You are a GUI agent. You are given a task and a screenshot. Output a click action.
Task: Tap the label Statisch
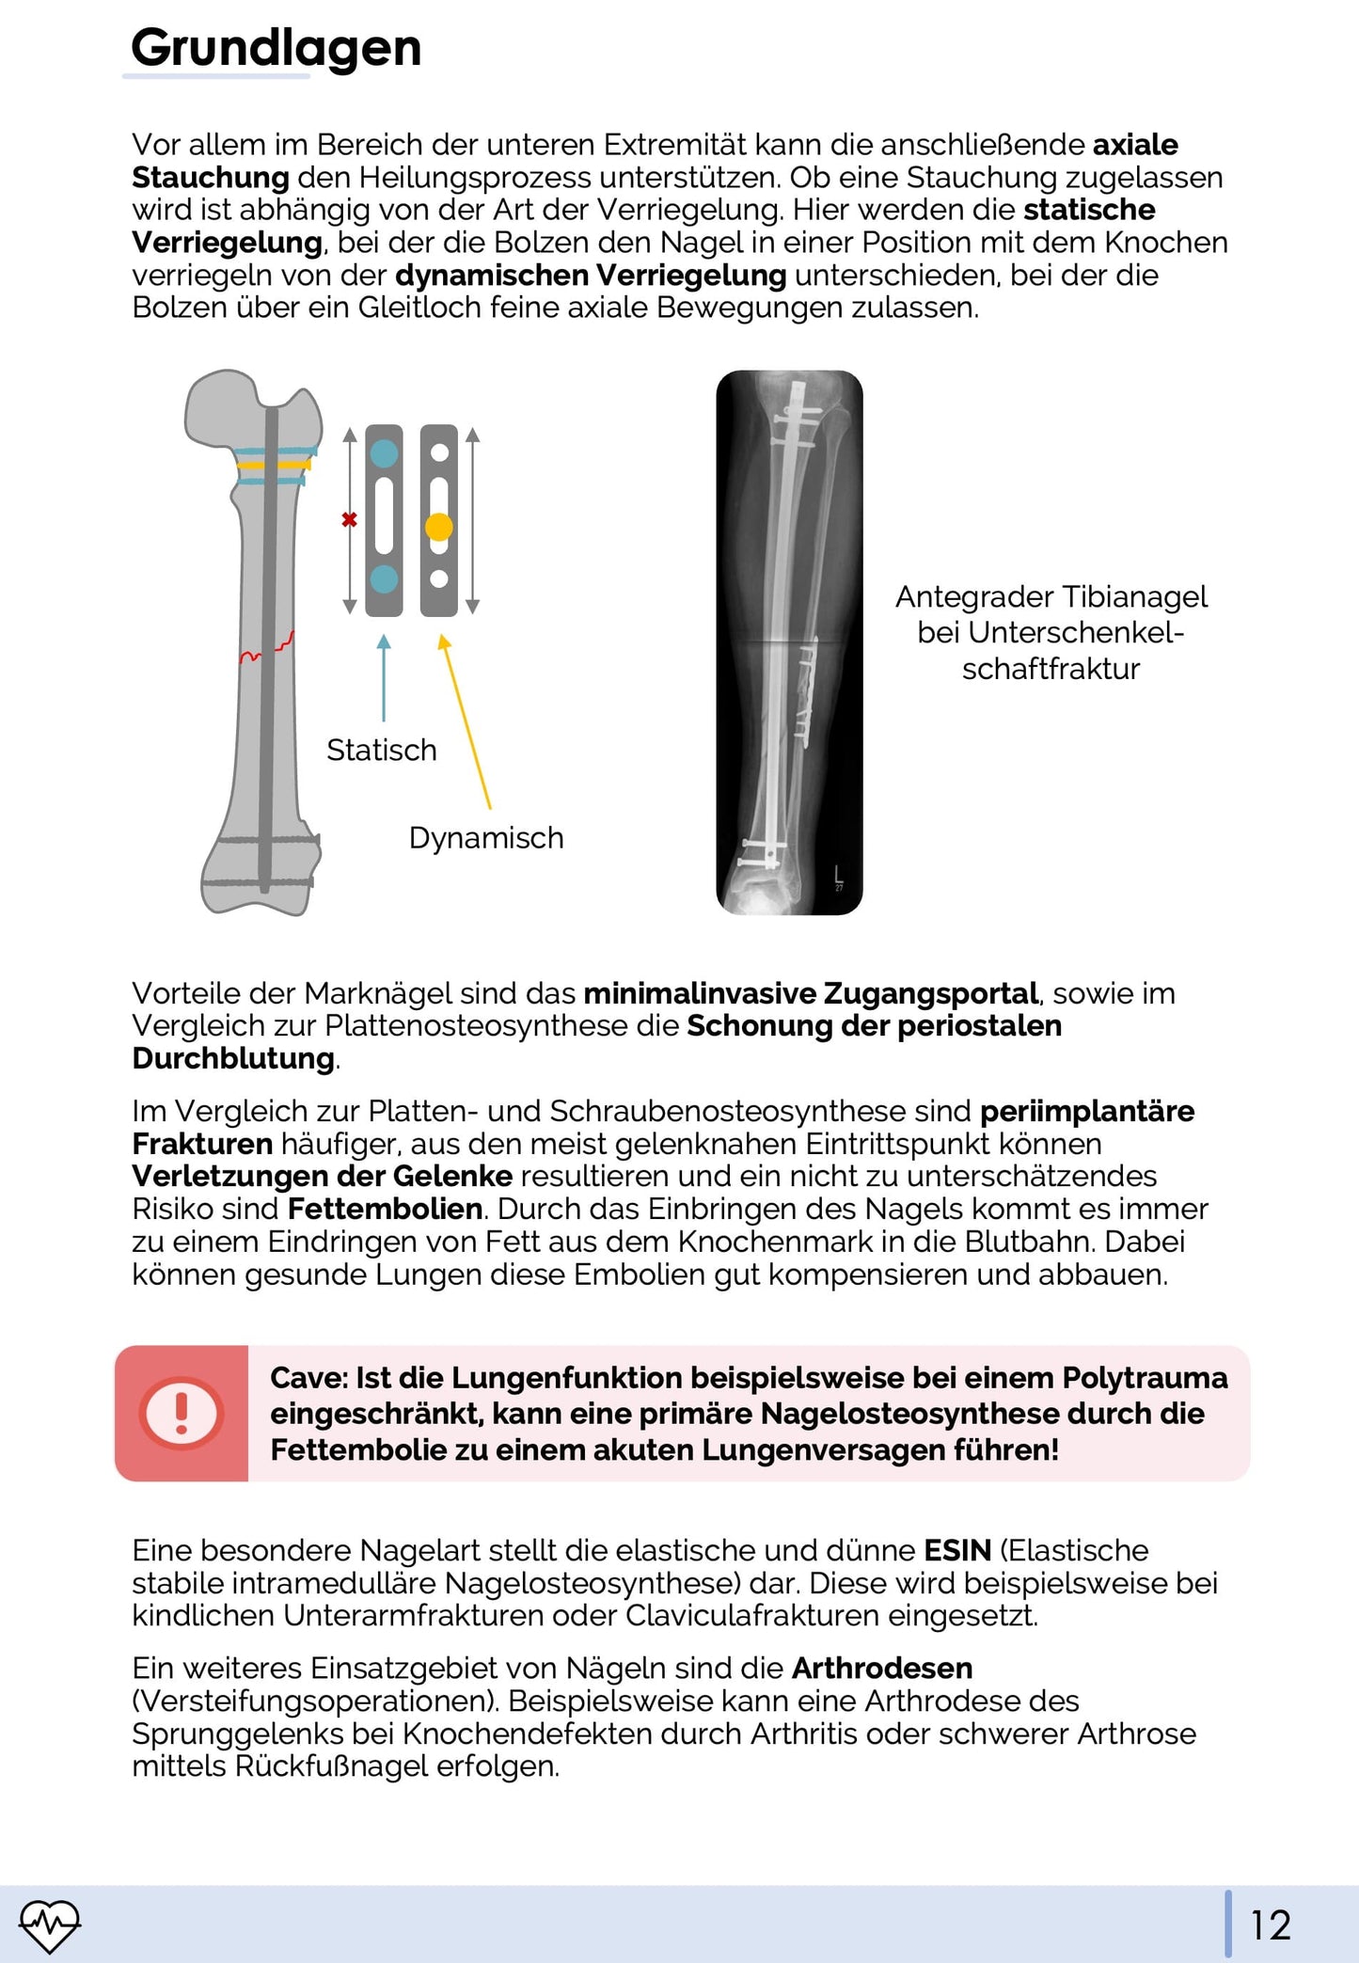pos(381,750)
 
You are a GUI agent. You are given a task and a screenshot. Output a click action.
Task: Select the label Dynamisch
pos(485,837)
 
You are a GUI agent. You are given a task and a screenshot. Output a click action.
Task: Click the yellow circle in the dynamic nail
pos(438,527)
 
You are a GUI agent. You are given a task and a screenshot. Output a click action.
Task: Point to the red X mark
pos(349,519)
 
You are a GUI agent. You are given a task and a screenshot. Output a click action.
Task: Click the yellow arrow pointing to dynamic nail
pos(466,720)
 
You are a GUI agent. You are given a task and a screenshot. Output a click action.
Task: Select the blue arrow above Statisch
pos(384,677)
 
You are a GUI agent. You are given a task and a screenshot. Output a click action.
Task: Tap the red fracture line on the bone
pos(267,649)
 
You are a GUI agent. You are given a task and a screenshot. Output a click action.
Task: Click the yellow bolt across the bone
pos(273,464)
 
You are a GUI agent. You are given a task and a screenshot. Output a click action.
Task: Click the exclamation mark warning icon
pos(182,1412)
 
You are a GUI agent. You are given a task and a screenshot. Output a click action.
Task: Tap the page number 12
pos(1270,1924)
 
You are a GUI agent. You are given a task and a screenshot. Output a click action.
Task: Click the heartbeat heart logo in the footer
pos(50,1924)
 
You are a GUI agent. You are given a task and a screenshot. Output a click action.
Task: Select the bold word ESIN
pos(957,1550)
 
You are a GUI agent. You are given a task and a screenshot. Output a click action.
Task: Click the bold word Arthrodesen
pos(881,1668)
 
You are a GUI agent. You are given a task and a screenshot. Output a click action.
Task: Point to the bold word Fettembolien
pos(385,1209)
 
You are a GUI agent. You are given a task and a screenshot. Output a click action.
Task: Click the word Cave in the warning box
pos(308,1378)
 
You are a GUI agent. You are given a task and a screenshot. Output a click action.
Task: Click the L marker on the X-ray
pos(839,874)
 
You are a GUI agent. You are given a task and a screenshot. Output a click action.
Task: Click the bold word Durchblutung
pos(233,1058)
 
